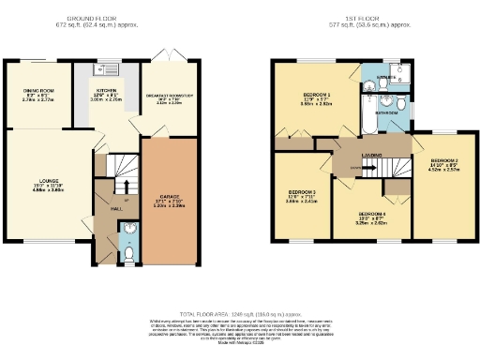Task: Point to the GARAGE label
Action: pos(169,197)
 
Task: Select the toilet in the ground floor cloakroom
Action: pos(128,253)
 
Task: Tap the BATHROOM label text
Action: pos(387,111)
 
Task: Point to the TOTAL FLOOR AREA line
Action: pos(240,315)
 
